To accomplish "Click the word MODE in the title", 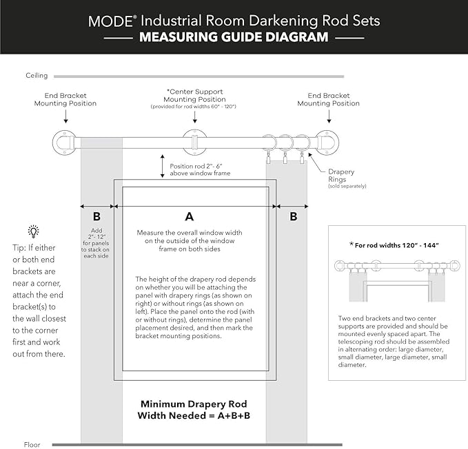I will click(110, 20).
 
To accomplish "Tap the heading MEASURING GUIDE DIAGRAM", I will click(234, 37).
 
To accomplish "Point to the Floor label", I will click(33, 444).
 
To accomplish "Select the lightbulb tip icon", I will click(33, 231).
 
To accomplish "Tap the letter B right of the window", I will click(293, 216).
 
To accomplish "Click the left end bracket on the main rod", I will click(64, 143).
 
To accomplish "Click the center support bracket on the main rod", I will click(194, 143).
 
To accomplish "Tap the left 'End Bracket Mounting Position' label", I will click(65, 99).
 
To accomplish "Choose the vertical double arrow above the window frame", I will click(162, 168).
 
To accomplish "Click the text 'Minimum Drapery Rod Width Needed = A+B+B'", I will click(193, 409).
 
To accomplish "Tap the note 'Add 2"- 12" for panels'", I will click(96, 242).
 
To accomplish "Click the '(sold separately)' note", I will click(347, 186).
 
